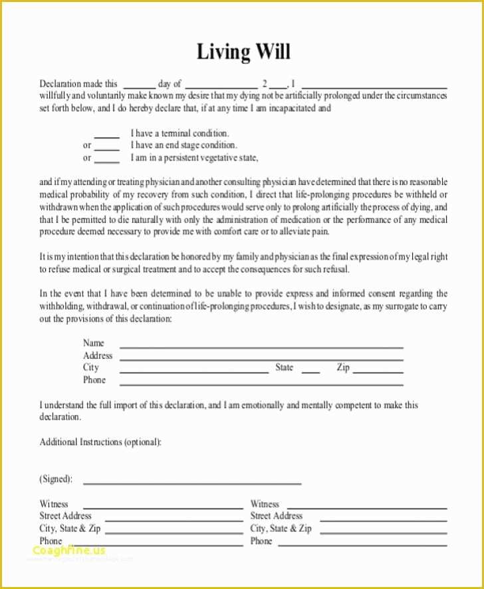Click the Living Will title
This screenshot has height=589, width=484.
243,52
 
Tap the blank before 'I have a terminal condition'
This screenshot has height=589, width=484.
106,135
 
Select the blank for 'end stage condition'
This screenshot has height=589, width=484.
106,147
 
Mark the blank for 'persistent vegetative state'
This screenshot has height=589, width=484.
106,160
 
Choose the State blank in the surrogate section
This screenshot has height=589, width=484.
310,371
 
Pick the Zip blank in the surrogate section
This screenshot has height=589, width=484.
378,371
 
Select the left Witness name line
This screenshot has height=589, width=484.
162,506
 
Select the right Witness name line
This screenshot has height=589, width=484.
366,506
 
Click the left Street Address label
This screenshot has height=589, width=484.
66,516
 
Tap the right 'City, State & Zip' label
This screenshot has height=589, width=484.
281,528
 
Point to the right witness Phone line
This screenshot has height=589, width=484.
362,544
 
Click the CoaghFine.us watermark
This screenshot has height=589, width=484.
68,550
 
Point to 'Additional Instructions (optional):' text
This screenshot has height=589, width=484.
100,442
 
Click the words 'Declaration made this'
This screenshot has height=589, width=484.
78,84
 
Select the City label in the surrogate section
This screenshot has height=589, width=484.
90,367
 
